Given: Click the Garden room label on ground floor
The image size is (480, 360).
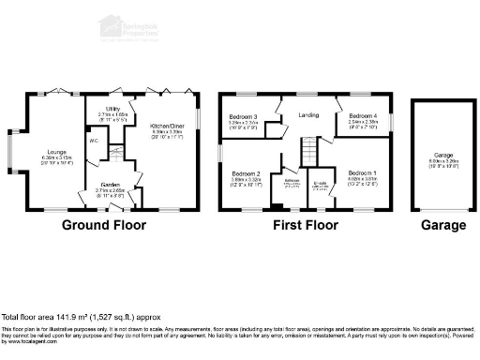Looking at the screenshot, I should click(x=111, y=185).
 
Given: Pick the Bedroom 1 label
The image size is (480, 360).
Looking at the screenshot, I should click(x=363, y=174).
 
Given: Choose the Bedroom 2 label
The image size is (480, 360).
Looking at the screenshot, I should click(x=246, y=174).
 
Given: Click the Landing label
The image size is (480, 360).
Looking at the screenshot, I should click(x=309, y=115).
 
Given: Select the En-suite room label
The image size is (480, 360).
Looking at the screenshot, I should click(x=319, y=184).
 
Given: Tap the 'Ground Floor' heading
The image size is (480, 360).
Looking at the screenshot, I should click(x=105, y=226).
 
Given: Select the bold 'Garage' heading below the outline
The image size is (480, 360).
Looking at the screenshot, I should click(x=442, y=226).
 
